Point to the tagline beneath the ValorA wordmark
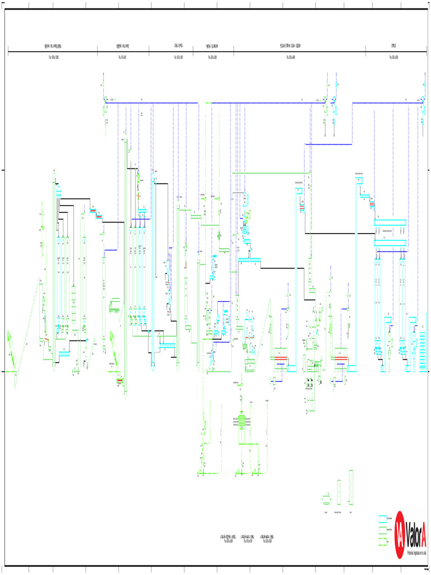[x=416, y=552]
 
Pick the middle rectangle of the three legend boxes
[x=384, y=530]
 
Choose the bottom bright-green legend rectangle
[x=384, y=541]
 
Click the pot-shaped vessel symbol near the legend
[x=326, y=498]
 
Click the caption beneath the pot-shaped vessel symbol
[x=326, y=513]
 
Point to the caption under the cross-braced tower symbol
[x=351, y=513]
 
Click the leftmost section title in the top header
[x=53, y=45]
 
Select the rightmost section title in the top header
[x=394, y=45]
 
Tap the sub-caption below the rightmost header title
[x=394, y=57]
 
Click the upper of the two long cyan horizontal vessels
[x=391, y=222]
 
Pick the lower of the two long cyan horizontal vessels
[x=391, y=242]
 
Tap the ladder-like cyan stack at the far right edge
[x=423, y=344]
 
